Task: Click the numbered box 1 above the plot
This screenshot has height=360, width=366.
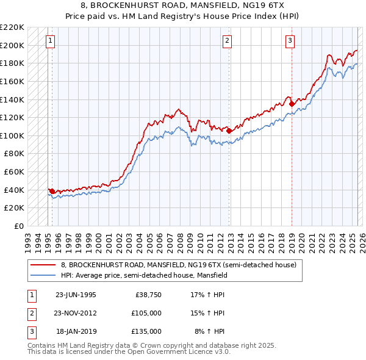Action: click(50, 41)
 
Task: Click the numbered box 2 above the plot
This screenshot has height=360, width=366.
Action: click(227, 41)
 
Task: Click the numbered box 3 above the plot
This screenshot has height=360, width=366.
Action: click(290, 41)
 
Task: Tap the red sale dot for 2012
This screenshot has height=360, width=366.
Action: click(229, 131)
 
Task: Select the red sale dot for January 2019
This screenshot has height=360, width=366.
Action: click(292, 104)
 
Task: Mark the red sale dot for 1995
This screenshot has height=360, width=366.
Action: click(52, 191)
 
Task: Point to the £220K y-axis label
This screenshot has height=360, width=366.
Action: click(12, 27)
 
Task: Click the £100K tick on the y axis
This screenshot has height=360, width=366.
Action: click(12, 135)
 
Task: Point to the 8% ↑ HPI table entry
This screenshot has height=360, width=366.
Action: click(210, 331)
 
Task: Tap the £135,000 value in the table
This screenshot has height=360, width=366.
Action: click(146, 331)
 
